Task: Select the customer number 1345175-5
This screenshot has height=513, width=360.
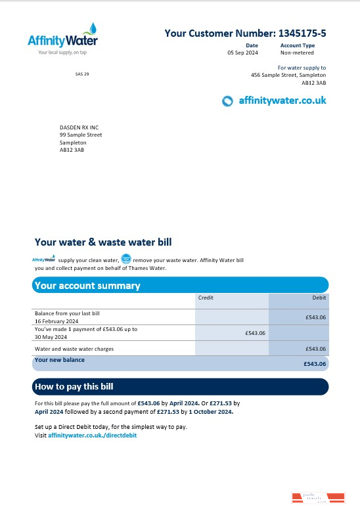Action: pos(302,33)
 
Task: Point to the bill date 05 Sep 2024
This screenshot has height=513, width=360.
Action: pos(242,52)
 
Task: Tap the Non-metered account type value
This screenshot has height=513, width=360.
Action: pos(298,52)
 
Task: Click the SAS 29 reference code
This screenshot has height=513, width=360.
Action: pos(82,74)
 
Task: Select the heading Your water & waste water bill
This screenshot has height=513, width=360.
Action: pos(103,242)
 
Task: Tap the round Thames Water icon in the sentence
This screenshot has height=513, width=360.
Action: pos(126,259)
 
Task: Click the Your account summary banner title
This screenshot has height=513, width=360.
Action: pos(87,286)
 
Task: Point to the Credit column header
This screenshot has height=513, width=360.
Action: pos(206,298)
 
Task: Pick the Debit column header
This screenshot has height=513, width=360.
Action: pos(319,298)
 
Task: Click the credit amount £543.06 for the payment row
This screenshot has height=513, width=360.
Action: pos(255,333)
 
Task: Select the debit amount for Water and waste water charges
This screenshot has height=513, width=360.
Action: pos(316,349)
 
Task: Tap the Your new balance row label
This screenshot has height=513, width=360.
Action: pos(60,360)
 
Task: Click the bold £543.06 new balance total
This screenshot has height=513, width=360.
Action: pos(315,363)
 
